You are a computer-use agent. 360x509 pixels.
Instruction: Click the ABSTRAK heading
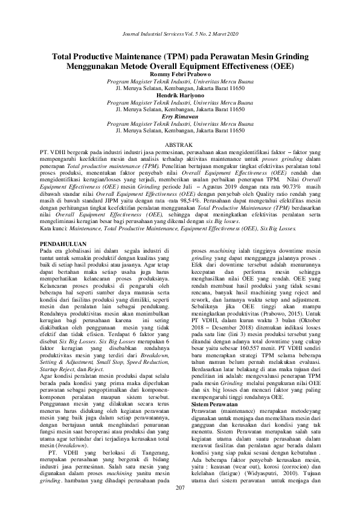(x=179, y=146)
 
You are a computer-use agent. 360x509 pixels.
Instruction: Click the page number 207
(x=179, y=488)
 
